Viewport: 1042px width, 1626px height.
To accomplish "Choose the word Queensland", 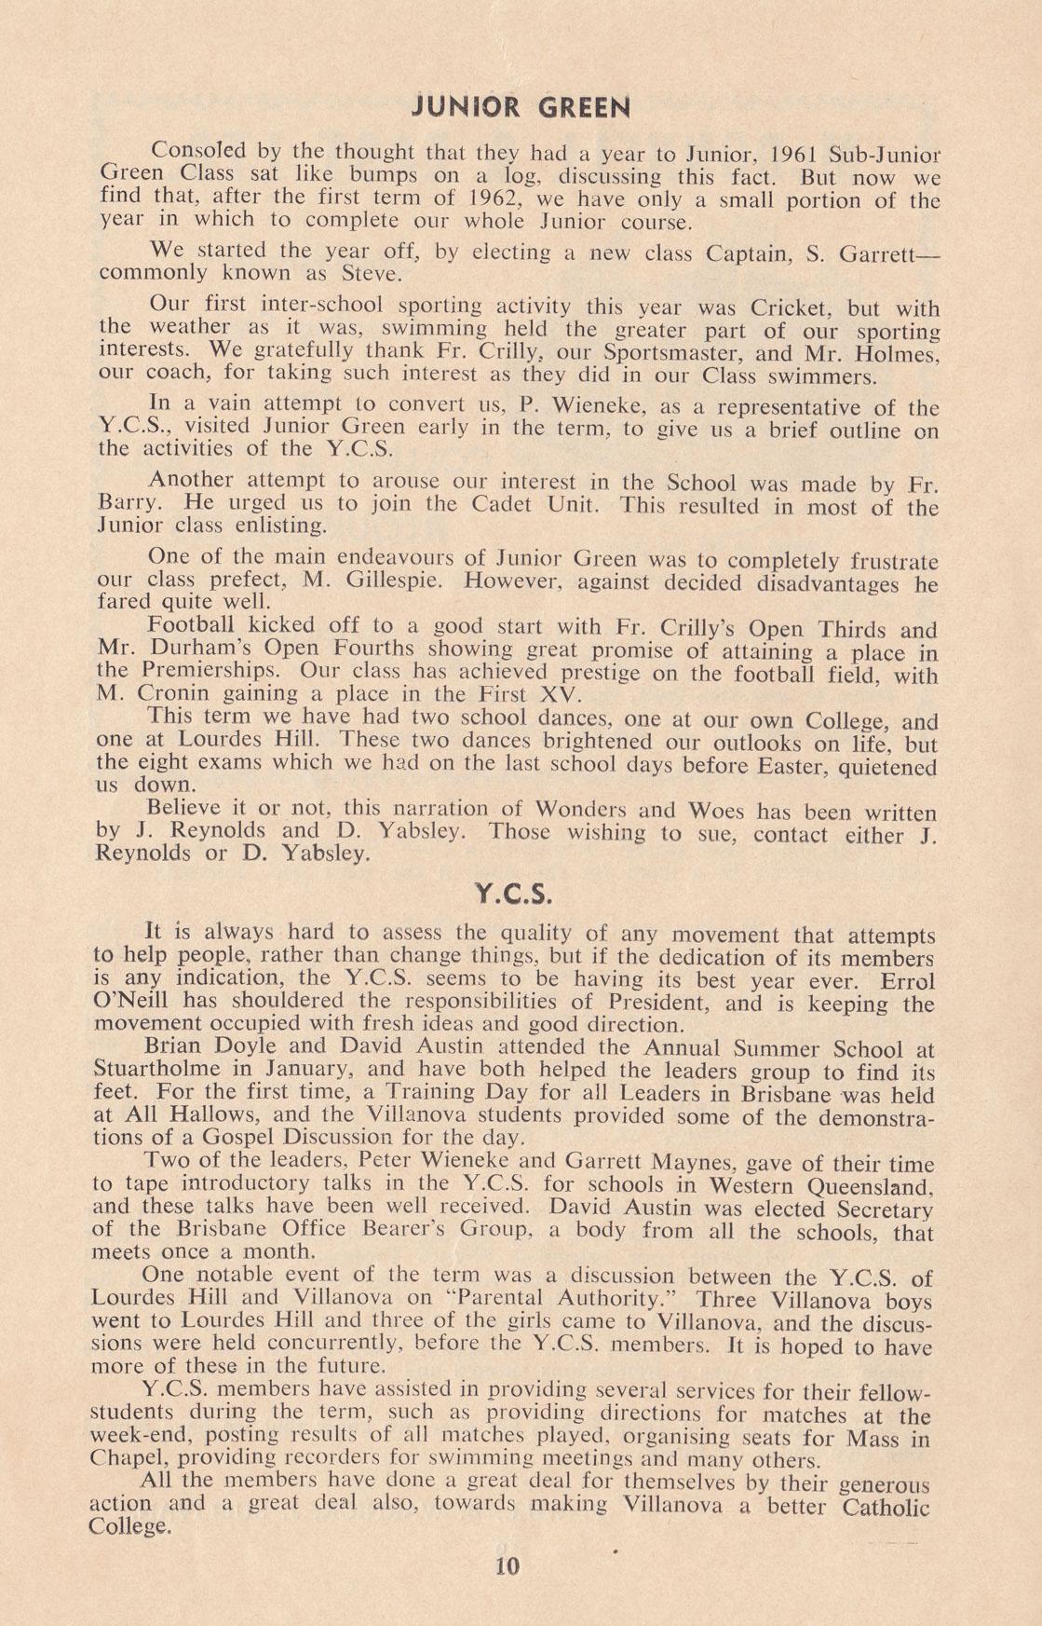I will pos(868,1187).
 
